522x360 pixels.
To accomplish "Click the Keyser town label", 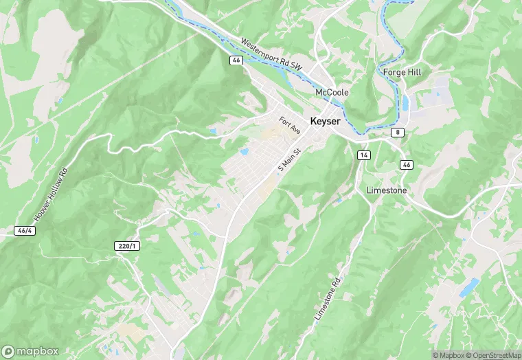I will pos(326,120).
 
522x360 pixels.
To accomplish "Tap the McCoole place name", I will pos(332,92).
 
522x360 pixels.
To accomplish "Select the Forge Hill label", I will pos(402,71).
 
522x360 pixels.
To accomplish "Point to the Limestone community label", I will pos(387,190).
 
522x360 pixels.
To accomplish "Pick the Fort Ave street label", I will pos(290,125).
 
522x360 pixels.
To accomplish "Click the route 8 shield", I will pos(398,132).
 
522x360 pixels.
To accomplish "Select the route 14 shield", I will pos(363,156).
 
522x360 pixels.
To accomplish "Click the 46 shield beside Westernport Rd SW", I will pos(236,60).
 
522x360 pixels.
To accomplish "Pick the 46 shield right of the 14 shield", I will pos(407,165).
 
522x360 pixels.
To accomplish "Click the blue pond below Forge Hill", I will pos(405,102).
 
